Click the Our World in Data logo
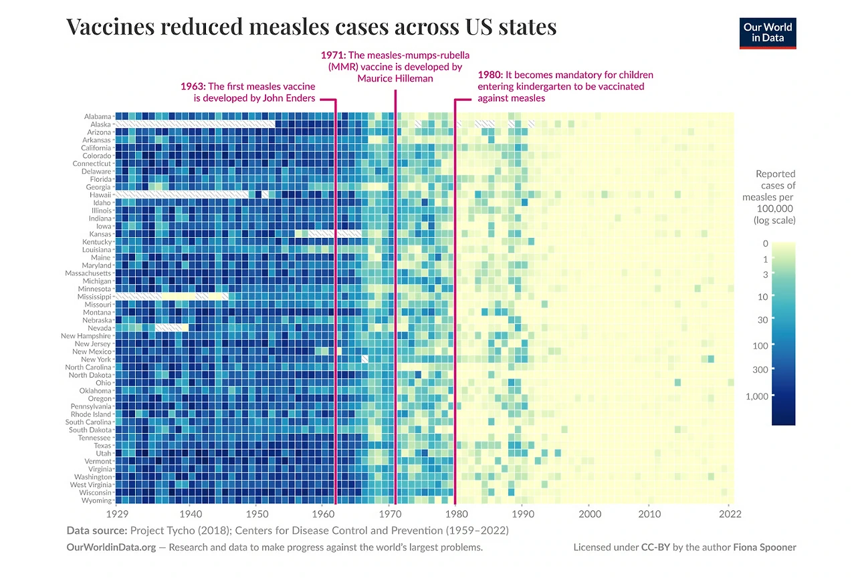tap(768, 33)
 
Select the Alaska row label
tap(100, 124)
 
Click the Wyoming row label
tap(96, 500)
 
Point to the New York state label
tap(96, 359)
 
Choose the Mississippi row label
tap(94, 297)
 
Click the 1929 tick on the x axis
tap(118, 515)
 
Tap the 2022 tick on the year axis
tap(730, 515)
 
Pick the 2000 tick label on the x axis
tap(589, 515)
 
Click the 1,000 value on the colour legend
tap(756, 396)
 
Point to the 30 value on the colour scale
tap(763, 319)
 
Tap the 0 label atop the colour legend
tap(766, 244)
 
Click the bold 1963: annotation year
tap(193, 86)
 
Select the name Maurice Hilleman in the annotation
tap(395, 78)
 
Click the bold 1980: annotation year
tap(490, 75)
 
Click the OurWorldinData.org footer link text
tap(111, 547)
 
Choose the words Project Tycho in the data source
tap(158, 531)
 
